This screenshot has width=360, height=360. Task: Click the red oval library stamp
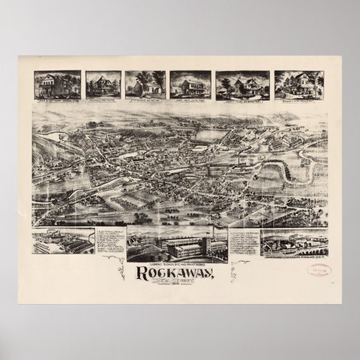pos(317,271)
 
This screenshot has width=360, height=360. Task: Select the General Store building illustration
pos(57,85)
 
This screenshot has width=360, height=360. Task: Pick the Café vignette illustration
pos(190,85)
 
